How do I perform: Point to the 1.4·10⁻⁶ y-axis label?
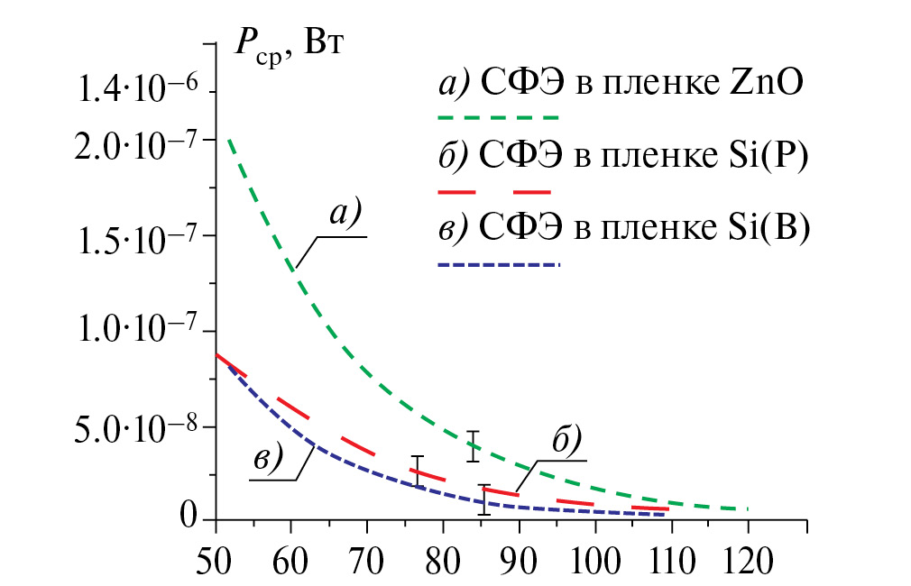pos(134,91)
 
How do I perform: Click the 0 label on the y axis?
pos(187,517)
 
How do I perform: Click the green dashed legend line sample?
pos(498,117)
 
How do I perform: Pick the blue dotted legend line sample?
pos(498,264)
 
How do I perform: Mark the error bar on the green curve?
pos(473,446)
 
